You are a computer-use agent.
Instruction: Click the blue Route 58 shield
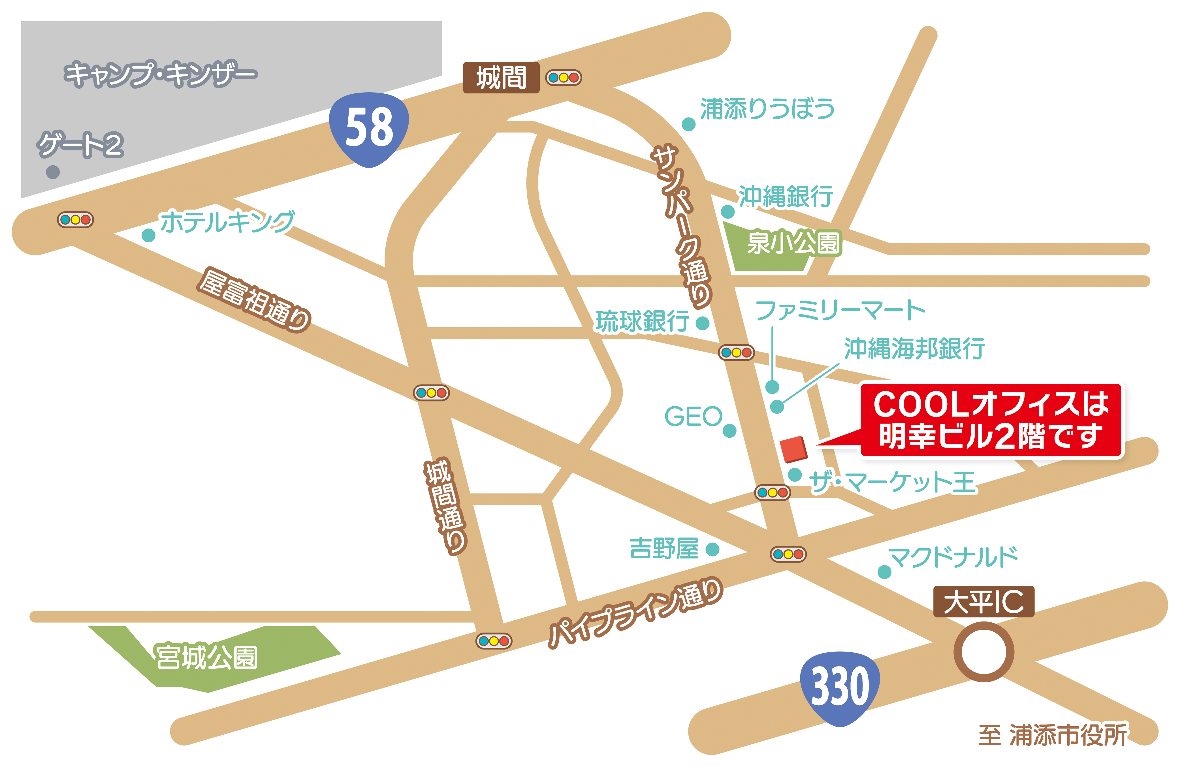tap(369, 129)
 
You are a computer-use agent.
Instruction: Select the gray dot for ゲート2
tap(53, 172)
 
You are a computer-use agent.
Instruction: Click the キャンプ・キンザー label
tap(160, 74)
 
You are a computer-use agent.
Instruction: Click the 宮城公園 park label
tap(207, 657)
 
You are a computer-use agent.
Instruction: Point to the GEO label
tap(693, 416)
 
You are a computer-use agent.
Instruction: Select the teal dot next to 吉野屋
tap(712, 549)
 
